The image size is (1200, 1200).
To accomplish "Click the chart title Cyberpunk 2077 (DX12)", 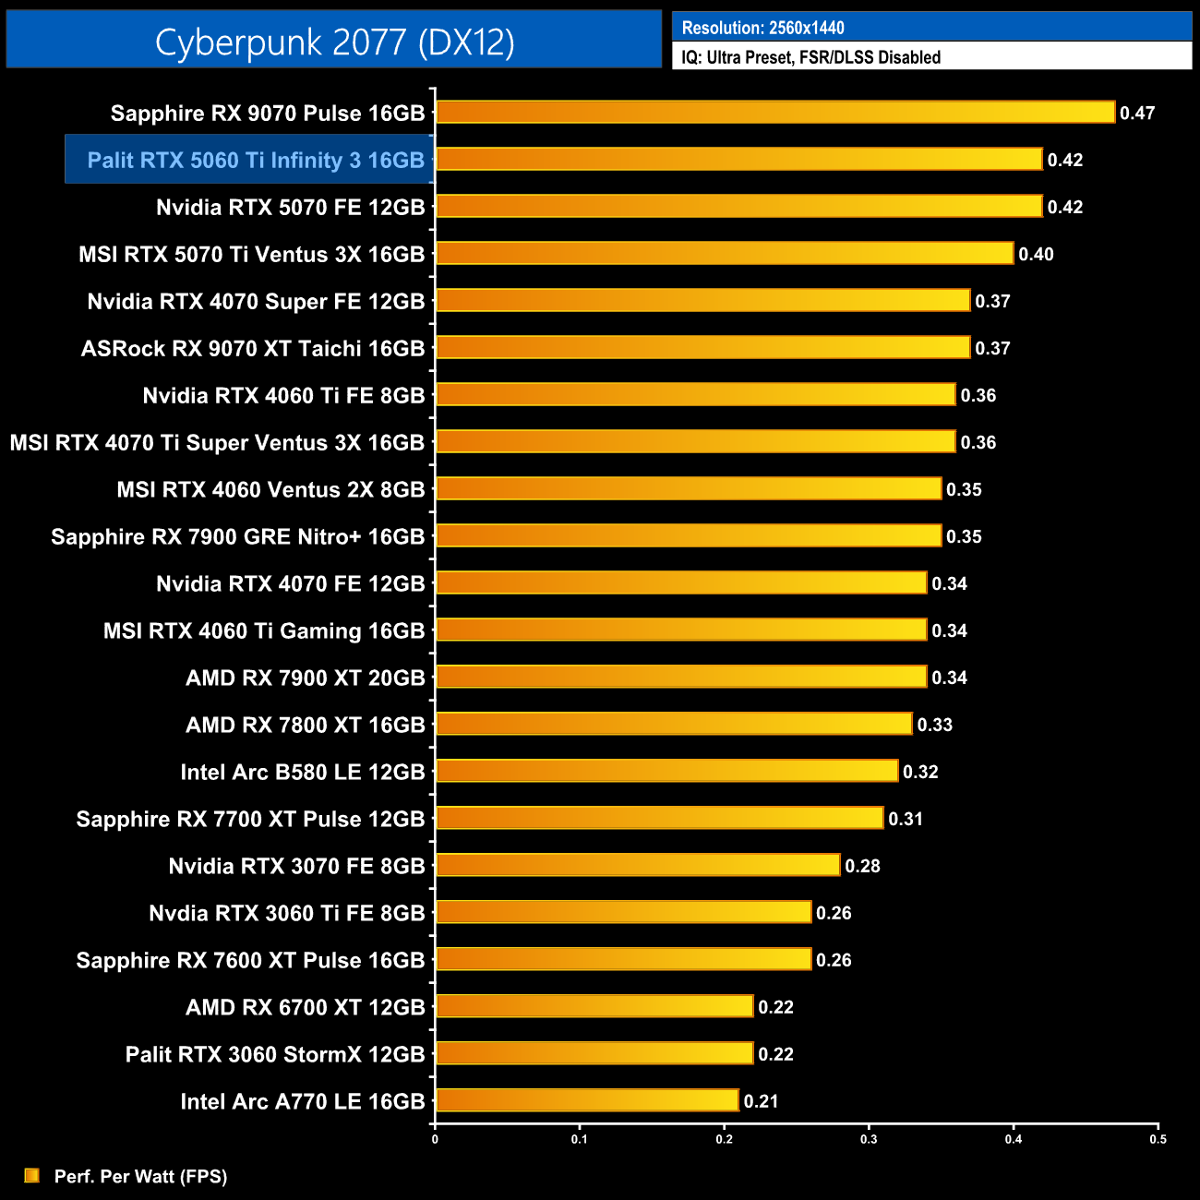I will [334, 42].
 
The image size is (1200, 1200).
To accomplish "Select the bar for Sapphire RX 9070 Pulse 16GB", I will [775, 113].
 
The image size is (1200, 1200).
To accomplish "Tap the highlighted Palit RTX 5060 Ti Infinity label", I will [255, 160].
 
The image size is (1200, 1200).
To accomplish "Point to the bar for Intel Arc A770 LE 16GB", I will [587, 1100].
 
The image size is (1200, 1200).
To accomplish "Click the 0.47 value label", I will [1137, 113].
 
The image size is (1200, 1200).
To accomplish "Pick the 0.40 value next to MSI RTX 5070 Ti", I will [1036, 254].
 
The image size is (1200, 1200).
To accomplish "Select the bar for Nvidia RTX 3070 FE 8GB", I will [638, 865].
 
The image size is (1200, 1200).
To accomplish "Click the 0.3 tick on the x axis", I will [869, 1139].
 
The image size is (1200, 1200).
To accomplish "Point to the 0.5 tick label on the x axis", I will [1158, 1139].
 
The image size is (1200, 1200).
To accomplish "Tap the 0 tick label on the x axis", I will [435, 1139].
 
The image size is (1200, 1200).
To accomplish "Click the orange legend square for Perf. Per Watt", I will [32, 1175].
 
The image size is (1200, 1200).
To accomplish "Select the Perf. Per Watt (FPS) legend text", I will [140, 1176].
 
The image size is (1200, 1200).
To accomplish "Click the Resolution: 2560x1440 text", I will [762, 28].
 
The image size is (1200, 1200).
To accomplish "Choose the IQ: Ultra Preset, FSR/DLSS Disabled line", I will [810, 57].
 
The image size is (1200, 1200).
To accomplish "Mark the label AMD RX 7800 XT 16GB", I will [305, 725].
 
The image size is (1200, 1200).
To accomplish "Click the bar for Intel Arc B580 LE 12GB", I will [666, 771].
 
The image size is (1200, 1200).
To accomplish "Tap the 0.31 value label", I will [906, 819].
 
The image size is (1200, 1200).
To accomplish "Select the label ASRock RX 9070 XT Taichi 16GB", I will [253, 348].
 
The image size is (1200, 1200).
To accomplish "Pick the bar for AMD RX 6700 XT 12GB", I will [594, 1006].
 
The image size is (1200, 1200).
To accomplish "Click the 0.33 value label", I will [934, 725].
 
